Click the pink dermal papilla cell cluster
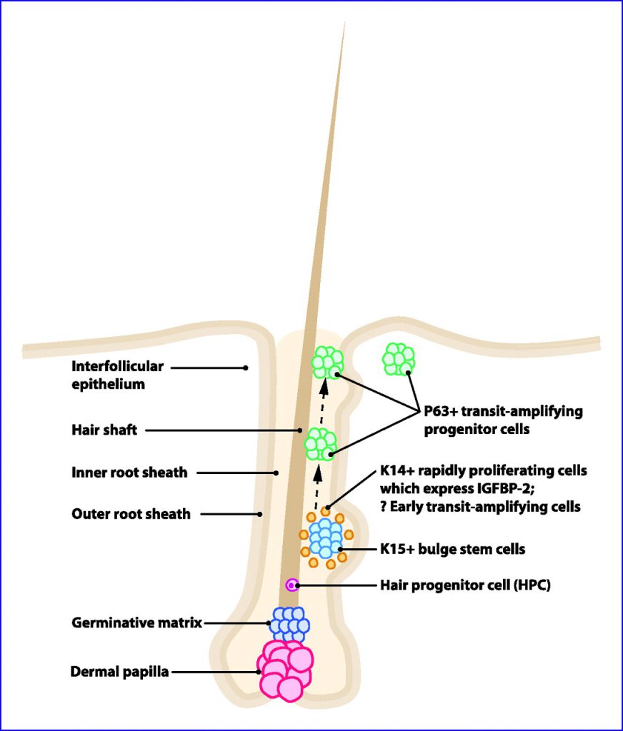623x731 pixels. coord(284,670)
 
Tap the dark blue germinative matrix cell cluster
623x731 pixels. coord(290,624)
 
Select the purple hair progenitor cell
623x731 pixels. coord(292,585)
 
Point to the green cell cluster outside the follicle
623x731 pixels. coord(399,359)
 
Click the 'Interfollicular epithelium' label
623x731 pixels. coord(117,375)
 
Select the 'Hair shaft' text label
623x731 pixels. coord(104,429)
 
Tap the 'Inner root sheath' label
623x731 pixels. coord(129,473)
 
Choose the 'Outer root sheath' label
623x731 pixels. coord(131,514)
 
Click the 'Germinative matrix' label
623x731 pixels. coord(136,622)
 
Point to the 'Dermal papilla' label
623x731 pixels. coord(119,672)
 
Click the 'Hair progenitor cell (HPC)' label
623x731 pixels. coord(465,585)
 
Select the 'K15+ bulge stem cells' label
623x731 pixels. coord(453,549)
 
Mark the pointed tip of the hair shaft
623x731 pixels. coord(345,22)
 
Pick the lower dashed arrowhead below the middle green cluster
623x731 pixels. coord(318,474)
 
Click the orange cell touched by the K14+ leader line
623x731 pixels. coord(326,511)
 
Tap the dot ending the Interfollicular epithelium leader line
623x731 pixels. coord(246,368)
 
